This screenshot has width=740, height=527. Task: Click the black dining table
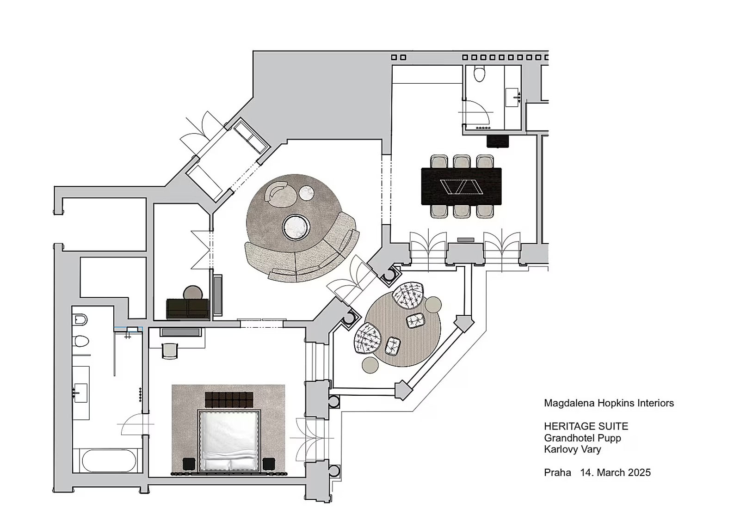click(461, 187)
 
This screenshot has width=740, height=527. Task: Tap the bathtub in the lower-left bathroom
click(109, 461)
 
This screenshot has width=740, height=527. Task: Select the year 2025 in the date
click(640, 473)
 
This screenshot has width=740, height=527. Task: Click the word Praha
click(557, 473)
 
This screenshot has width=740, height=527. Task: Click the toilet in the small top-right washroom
click(479, 74)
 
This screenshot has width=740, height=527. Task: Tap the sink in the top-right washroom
click(513, 97)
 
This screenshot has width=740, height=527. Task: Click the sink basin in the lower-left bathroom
click(80, 393)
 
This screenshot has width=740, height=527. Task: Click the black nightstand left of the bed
click(189, 464)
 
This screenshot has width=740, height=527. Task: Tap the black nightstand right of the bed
click(269, 464)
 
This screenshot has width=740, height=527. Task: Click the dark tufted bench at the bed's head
click(229, 400)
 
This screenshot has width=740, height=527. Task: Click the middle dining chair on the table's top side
click(462, 161)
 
